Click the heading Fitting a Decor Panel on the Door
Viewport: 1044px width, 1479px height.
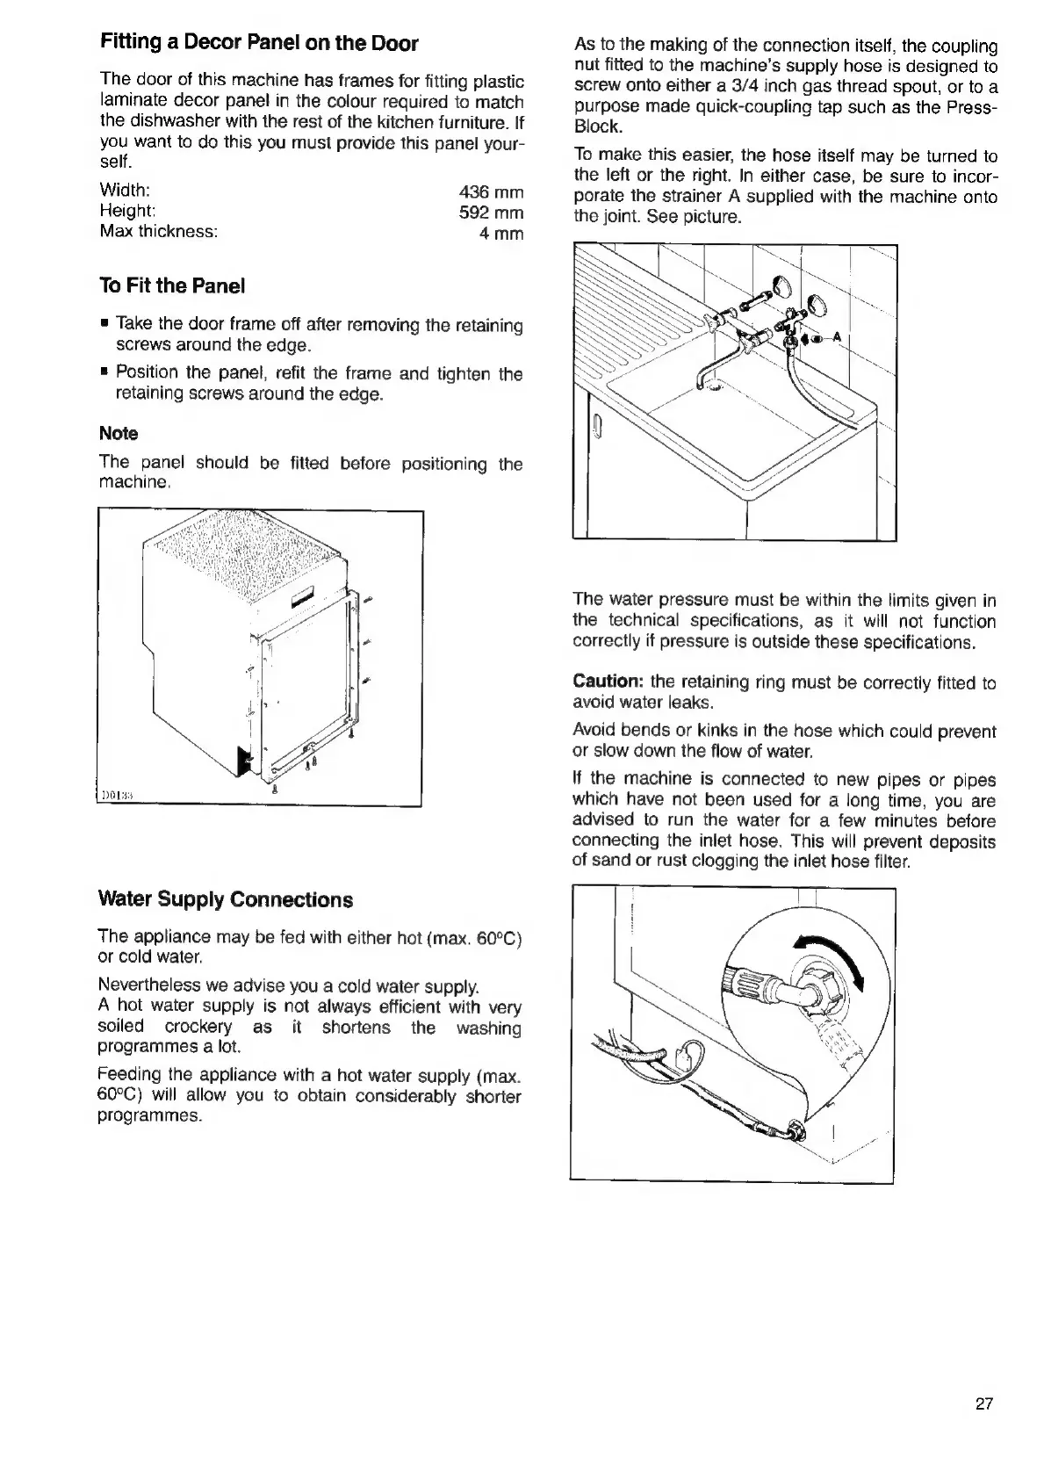[259, 43]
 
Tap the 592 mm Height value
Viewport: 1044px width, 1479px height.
[491, 213]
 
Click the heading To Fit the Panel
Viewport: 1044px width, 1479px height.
[172, 285]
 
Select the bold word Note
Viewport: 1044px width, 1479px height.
[119, 433]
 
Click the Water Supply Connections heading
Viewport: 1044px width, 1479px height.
[226, 899]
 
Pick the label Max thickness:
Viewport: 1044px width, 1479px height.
[158, 232]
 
